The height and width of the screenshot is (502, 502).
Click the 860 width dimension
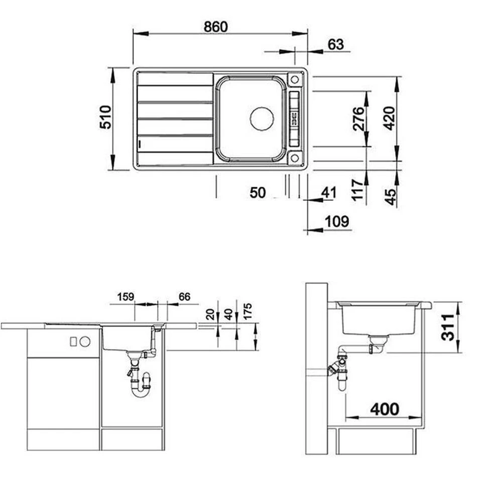[216, 27]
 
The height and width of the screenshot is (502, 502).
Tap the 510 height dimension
[105, 117]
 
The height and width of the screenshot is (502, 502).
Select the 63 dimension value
[336, 45]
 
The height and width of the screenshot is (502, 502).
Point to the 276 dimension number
[358, 119]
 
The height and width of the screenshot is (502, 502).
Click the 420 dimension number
[389, 118]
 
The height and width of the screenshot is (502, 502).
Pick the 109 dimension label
[337, 221]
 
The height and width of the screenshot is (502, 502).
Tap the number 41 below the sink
[329, 193]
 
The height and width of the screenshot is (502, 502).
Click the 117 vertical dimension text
[357, 190]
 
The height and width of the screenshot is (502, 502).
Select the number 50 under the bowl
[258, 193]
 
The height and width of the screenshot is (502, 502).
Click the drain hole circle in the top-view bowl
[262, 118]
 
